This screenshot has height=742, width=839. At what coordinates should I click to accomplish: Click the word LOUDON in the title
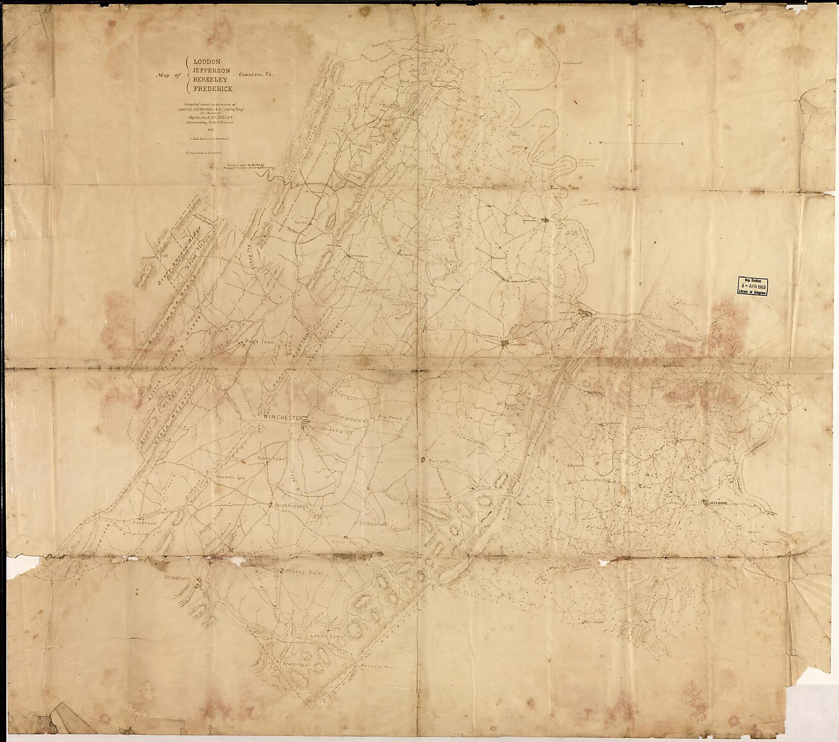point(207,61)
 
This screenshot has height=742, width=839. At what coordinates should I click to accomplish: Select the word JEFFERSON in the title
point(211,70)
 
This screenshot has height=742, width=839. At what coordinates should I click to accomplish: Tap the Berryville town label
point(439,461)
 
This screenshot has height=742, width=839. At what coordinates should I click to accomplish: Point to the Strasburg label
point(177,577)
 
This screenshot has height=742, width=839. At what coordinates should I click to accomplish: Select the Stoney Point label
point(304,572)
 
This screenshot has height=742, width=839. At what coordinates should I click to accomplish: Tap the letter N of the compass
point(643,80)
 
